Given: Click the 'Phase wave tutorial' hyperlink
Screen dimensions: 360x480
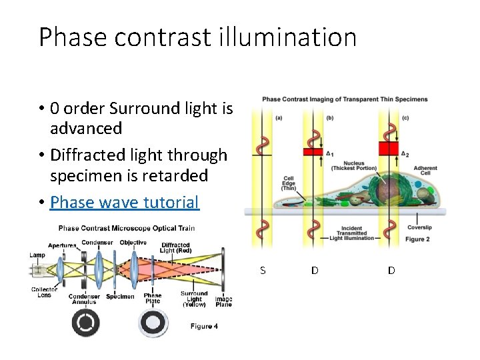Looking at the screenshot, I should (124, 202).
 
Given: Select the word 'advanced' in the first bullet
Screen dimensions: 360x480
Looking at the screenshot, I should (86, 128).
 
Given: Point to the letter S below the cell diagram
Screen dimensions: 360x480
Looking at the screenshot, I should (263, 270).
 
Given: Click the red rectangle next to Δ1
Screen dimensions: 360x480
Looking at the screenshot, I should (313, 152).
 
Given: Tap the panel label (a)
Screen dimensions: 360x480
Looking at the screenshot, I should (278, 118).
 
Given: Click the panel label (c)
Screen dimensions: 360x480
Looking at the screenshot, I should (405, 118).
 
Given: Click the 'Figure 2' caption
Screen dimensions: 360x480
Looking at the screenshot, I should (418, 239).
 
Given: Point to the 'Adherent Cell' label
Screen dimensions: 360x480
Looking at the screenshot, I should (425, 171).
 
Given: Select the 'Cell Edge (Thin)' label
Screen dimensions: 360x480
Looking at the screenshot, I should (289, 183).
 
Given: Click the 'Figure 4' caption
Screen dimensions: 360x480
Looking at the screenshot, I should (204, 326).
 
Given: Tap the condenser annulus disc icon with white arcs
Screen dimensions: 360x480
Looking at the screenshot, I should (85, 324).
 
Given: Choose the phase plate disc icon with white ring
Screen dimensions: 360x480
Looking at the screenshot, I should (153, 324).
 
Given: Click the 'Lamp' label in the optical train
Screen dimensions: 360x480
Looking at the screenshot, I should (37, 255).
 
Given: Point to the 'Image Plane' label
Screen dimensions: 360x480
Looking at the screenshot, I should (223, 301).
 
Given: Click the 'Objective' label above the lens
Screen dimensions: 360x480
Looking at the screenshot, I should (133, 242).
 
